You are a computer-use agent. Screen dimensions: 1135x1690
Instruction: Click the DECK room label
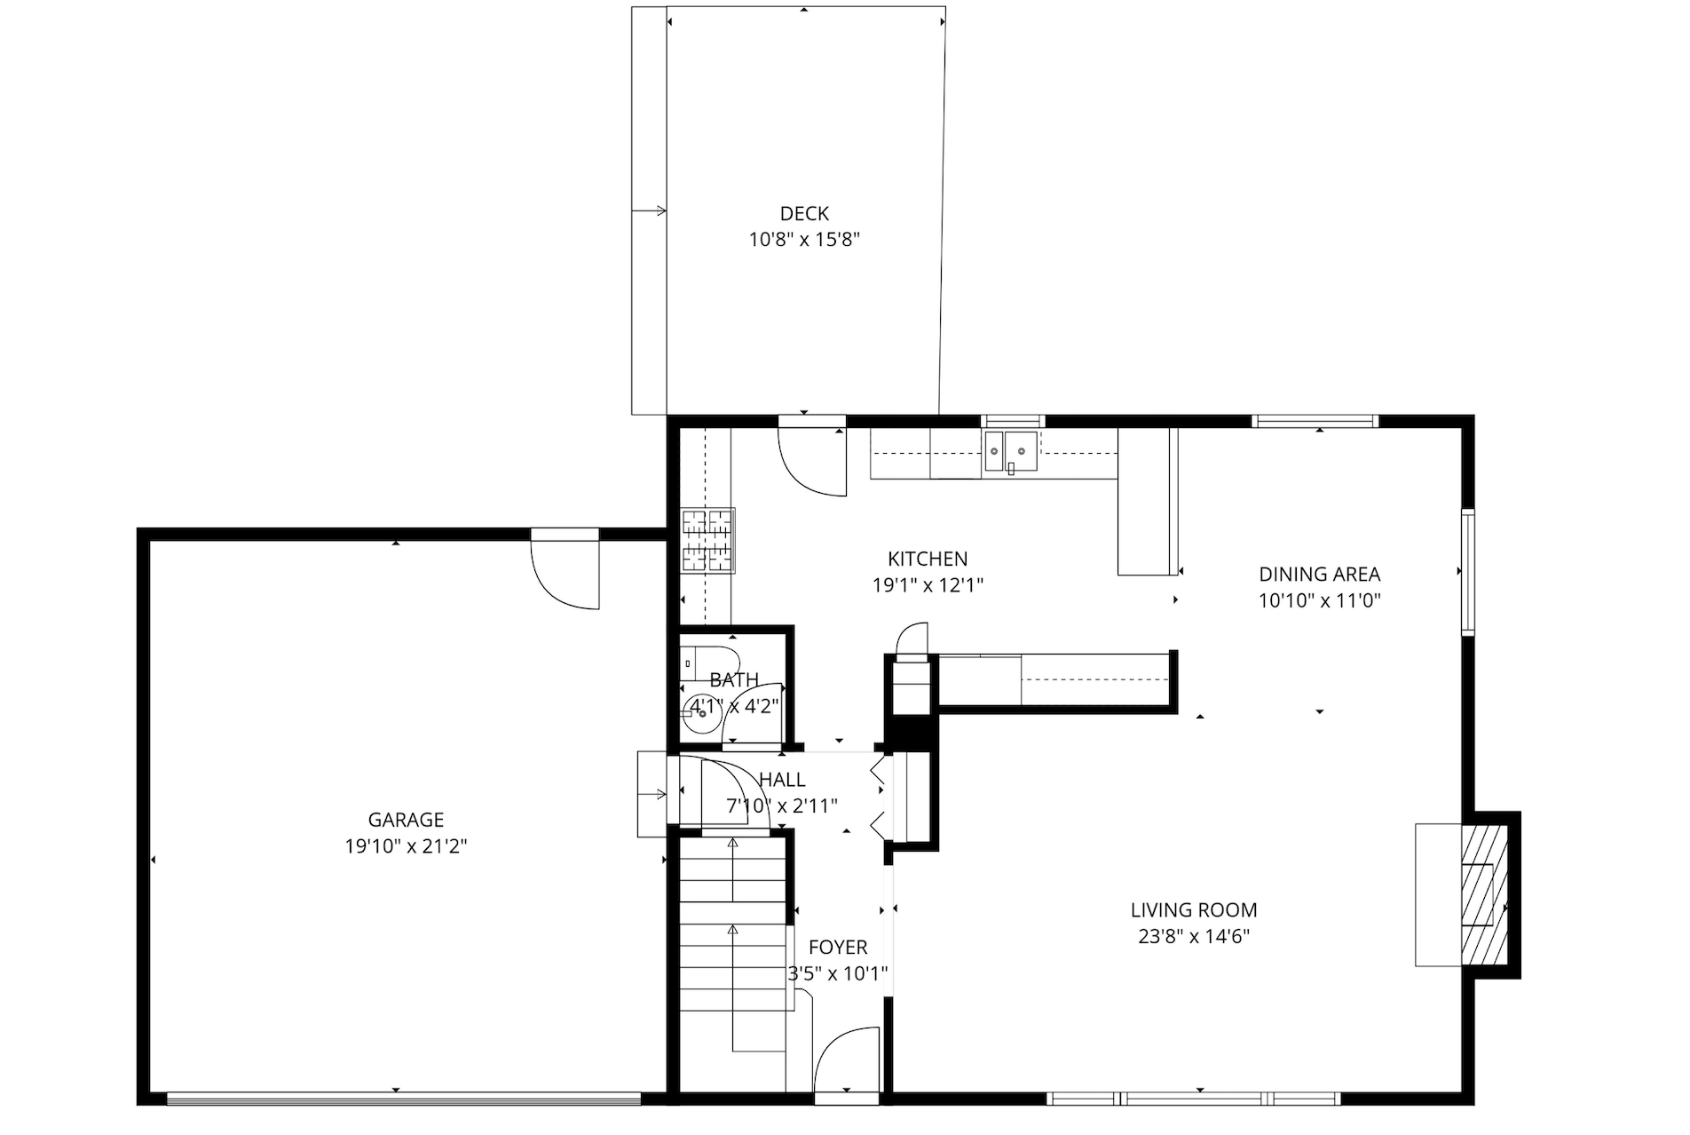pyautogui.click(x=804, y=213)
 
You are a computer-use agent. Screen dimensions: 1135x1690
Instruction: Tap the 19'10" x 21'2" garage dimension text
pyautogui.click(x=406, y=846)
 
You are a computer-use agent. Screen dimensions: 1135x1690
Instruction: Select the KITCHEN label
pyautogui.click(x=928, y=559)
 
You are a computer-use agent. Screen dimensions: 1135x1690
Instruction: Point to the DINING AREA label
pyautogui.click(x=1319, y=574)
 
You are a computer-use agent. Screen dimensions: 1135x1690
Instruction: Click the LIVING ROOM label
pyautogui.click(x=1193, y=909)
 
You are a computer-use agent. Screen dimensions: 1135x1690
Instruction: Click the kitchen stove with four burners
pyautogui.click(x=707, y=540)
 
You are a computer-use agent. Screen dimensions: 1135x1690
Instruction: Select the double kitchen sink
pyautogui.click(x=1010, y=451)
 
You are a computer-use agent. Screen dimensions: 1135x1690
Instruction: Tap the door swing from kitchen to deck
pyautogui.click(x=809, y=462)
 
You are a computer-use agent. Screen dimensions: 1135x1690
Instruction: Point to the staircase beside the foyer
pyautogui.click(x=733, y=924)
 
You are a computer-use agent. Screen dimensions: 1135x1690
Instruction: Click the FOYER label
pyautogui.click(x=838, y=948)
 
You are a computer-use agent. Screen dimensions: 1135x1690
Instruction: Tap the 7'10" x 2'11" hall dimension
pyautogui.click(x=782, y=806)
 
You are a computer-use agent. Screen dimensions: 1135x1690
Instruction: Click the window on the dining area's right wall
pyautogui.click(x=1467, y=572)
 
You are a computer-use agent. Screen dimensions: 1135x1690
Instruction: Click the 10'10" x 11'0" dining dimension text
pyautogui.click(x=1319, y=600)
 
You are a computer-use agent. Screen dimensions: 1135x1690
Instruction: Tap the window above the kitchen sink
pyautogui.click(x=1013, y=421)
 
